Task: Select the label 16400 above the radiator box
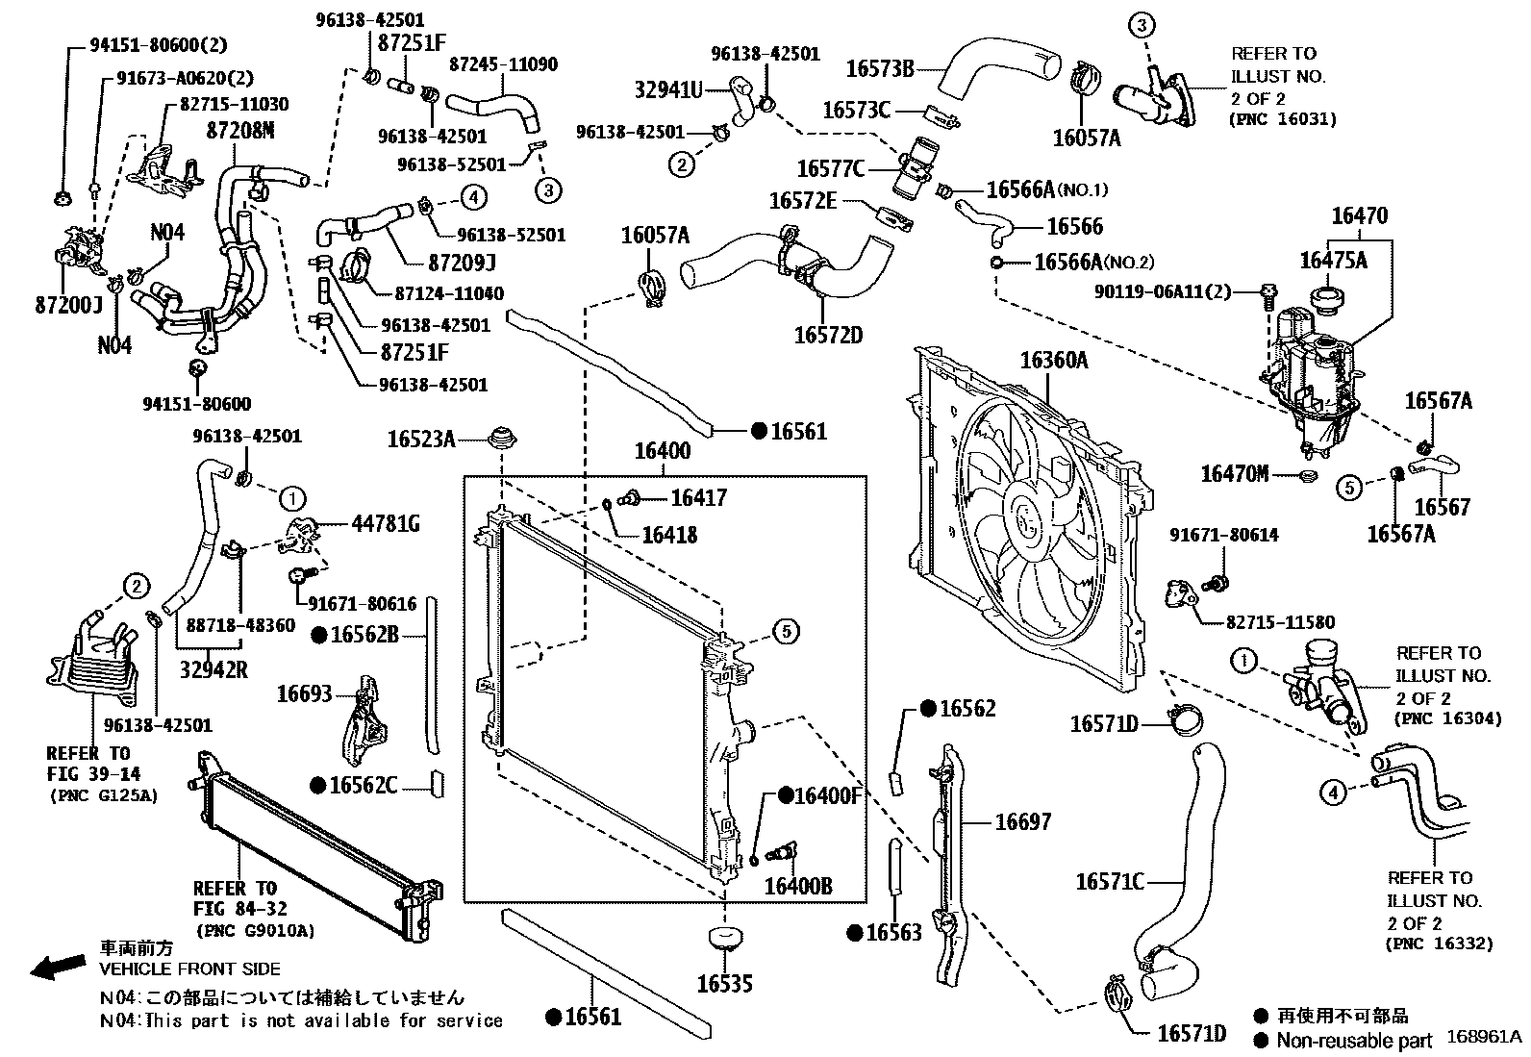click(662, 451)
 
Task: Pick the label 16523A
click(420, 440)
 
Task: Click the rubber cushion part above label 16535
click(725, 938)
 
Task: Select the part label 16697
click(1022, 821)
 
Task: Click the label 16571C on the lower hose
click(1109, 881)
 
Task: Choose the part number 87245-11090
click(503, 64)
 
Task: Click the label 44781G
click(385, 524)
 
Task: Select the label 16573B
click(879, 68)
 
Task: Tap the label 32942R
click(213, 669)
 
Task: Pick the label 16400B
click(797, 886)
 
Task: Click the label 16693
click(304, 693)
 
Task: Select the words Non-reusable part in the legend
click(1354, 1040)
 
